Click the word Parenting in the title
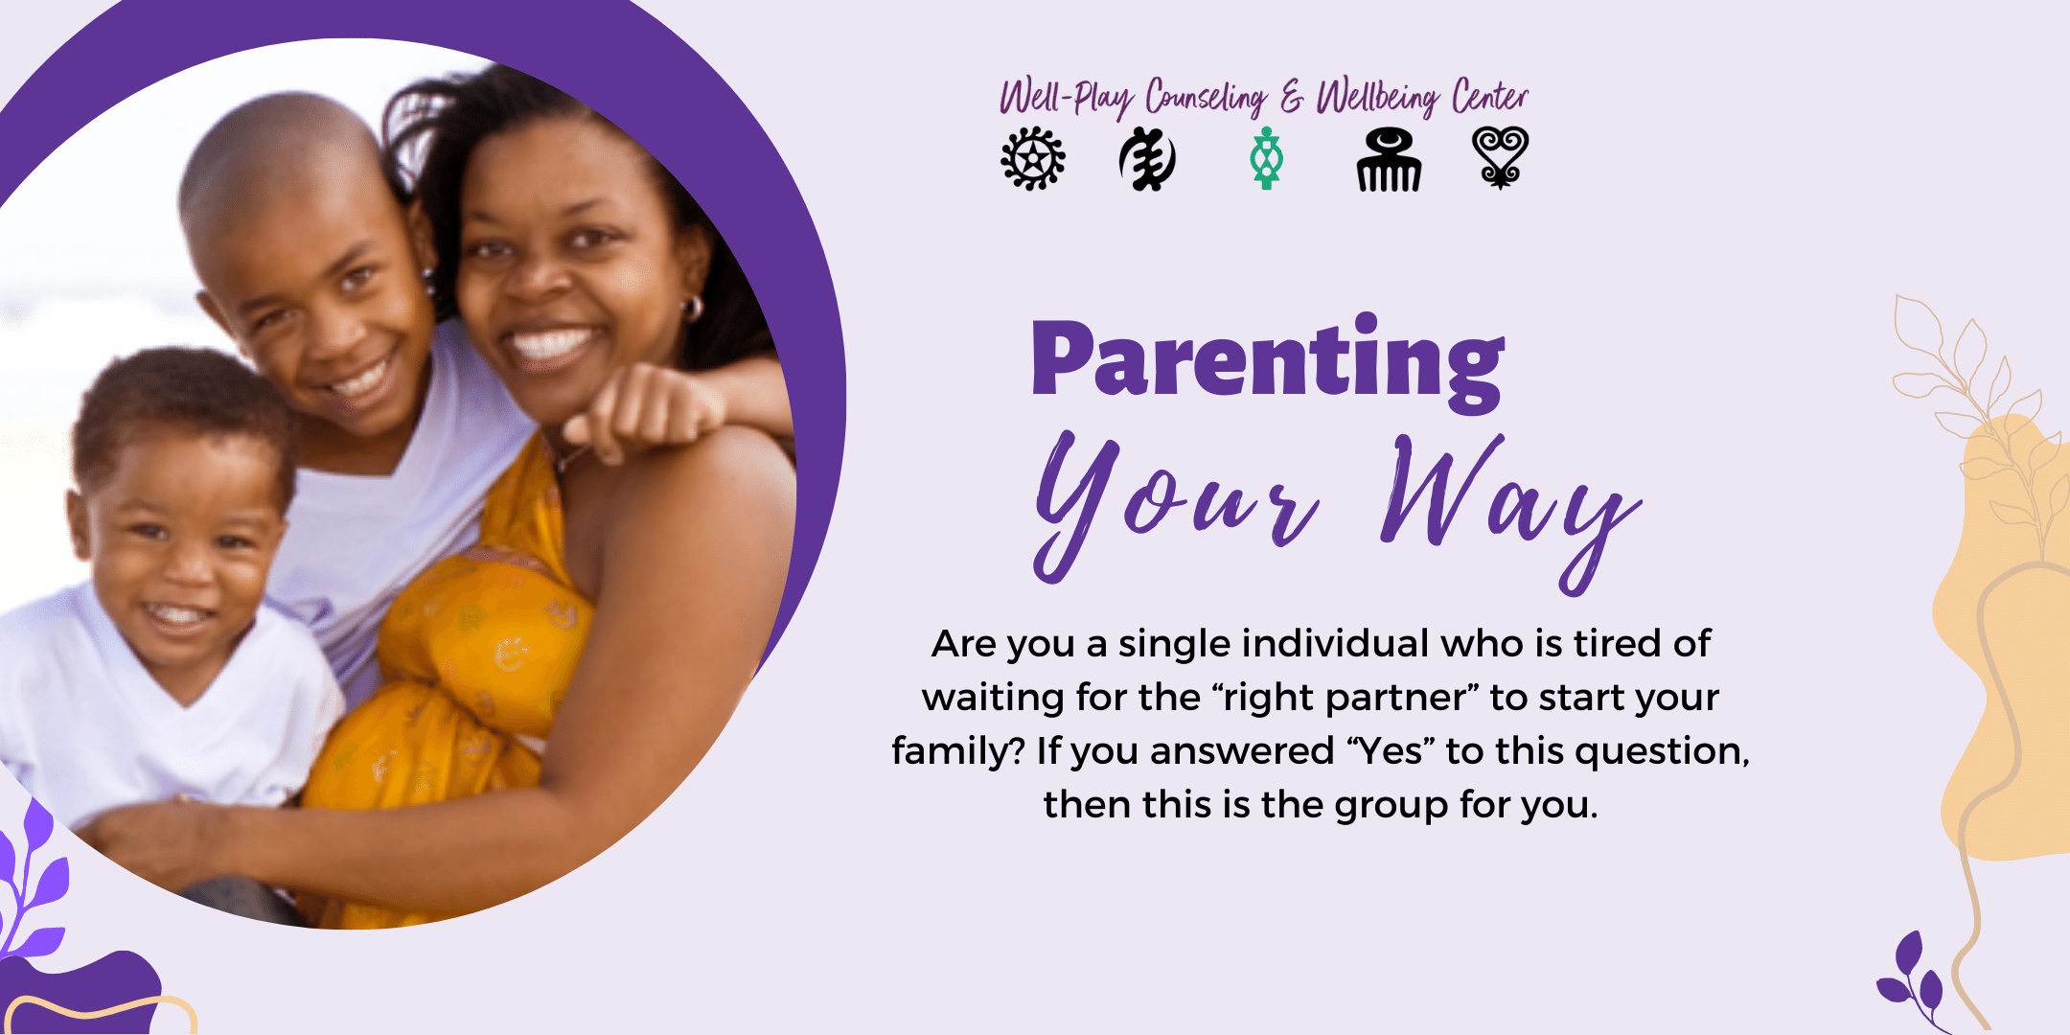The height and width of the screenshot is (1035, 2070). [1268, 362]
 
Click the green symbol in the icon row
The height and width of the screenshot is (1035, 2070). [1266, 158]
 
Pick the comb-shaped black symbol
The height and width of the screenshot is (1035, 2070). [1389, 160]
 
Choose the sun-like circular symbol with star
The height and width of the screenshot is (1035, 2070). [1032, 158]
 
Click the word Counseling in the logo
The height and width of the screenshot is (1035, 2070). [1206, 98]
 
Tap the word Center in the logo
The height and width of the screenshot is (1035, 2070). [1489, 96]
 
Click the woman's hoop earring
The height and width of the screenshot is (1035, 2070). [692, 308]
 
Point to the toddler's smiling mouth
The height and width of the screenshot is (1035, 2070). [173, 613]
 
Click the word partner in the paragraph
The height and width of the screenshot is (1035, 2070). [1396, 699]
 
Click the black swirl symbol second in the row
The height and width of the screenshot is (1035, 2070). [1147, 159]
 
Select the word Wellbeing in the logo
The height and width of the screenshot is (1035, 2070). [1377, 98]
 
